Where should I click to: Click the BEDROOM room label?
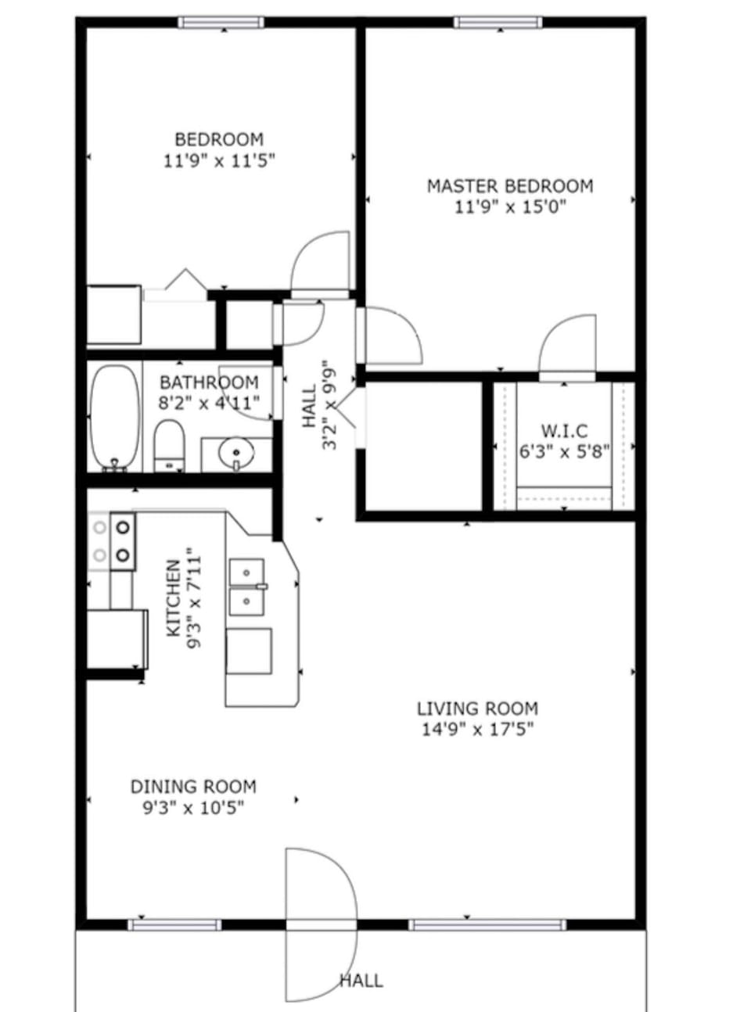[219, 140]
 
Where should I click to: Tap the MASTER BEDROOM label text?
[509, 186]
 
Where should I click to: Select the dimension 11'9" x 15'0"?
[509, 207]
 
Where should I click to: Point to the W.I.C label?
[564, 431]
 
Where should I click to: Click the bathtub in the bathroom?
[114, 418]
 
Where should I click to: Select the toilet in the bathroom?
[168, 446]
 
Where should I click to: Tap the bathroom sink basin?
[235, 453]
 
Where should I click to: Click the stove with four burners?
[112, 540]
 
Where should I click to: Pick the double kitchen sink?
[247, 587]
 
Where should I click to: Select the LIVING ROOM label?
[477, 709]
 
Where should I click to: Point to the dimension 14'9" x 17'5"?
[477, 730]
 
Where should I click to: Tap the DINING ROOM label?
[193, 787]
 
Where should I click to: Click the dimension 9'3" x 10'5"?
[193, 808]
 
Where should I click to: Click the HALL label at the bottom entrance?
[361, 981]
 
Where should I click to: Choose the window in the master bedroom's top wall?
[498, 22]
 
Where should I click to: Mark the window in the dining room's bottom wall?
[174, 925]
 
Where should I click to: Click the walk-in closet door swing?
[567, 348]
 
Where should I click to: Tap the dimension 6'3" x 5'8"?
[564, 452]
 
